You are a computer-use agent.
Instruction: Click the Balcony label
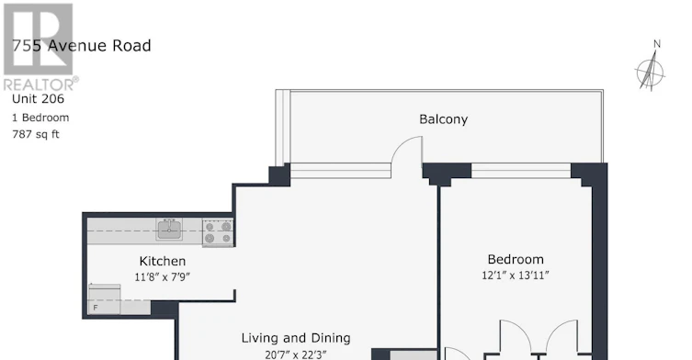tap(443, 119)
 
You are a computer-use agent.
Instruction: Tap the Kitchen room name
tap(163, 261)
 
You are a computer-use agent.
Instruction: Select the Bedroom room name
tap(516, 259)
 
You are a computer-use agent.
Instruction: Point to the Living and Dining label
tap(296, 338)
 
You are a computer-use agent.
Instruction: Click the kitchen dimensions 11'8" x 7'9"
tap(163, 277)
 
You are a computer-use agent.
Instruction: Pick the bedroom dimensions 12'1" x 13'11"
tap(516, 276)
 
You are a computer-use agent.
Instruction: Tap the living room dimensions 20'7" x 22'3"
tap(296, 354)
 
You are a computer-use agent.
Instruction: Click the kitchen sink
tap(168, 230)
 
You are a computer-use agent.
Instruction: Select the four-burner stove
tap(218, 232)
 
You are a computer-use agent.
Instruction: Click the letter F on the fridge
tap(96, 308)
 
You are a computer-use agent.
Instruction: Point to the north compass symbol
tap(650, 72)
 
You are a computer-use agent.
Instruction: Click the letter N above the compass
tap(657, 44)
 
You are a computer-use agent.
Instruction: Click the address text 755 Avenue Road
tap(82, 45)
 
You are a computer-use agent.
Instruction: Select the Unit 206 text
tap(38, 99)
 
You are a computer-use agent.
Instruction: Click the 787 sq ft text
tap(35, 134)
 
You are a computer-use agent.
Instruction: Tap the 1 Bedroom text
tap(40, 118)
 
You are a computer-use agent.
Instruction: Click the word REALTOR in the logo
tap(39, 84)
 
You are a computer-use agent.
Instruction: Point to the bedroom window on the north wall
tap(521, 171)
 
